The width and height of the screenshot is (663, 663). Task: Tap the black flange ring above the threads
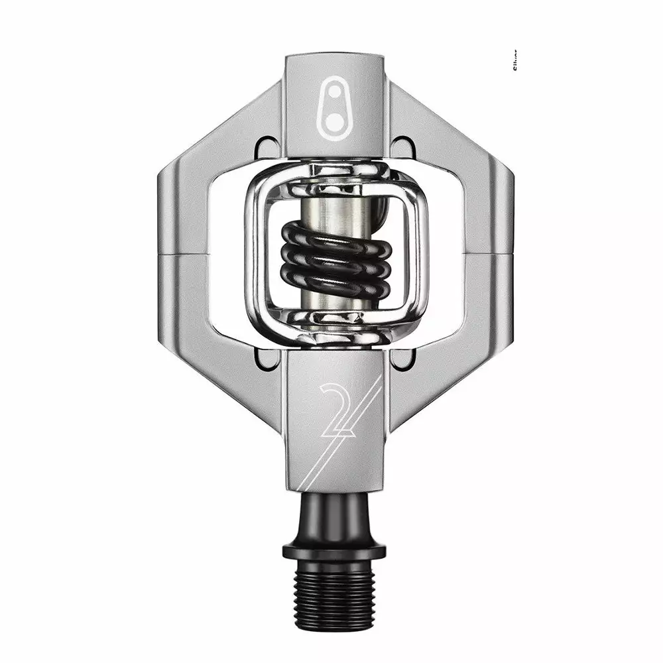(x=334, y=551)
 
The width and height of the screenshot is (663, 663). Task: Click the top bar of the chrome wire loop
(x=335, y=169)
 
